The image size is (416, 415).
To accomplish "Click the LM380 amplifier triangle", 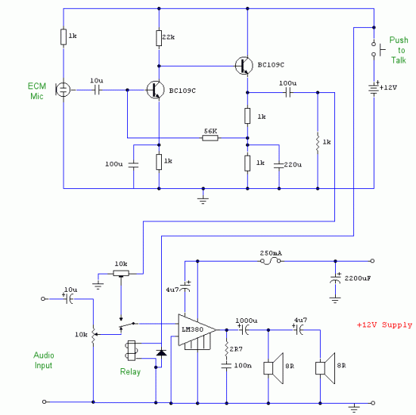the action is point(197,330).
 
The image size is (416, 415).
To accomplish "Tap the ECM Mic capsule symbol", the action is point(63,90).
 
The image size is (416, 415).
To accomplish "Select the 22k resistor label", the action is point(169,37).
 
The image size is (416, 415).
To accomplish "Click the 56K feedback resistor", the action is point(210,138).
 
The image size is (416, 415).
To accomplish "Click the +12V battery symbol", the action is point(374,88).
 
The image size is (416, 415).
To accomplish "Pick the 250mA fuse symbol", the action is point(270,261).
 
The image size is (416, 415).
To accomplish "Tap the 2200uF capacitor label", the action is point(358,278).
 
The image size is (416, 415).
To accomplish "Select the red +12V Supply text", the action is point(384,325).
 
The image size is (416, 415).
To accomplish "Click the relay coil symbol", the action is point(132,351).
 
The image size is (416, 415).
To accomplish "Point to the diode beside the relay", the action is point(161,353).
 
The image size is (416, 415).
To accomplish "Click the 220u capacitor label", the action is point(293,165).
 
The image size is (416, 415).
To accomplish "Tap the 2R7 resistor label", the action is point(236,349).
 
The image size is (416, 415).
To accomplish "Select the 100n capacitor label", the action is point(243,365).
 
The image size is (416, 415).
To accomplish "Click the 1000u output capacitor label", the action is point(247,321).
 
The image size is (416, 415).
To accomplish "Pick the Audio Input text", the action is point(44,360).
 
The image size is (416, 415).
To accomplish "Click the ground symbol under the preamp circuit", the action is point(203,200).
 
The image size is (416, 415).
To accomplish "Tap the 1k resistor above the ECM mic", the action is point(64,37).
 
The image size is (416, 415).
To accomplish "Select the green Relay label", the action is point(130,372).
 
